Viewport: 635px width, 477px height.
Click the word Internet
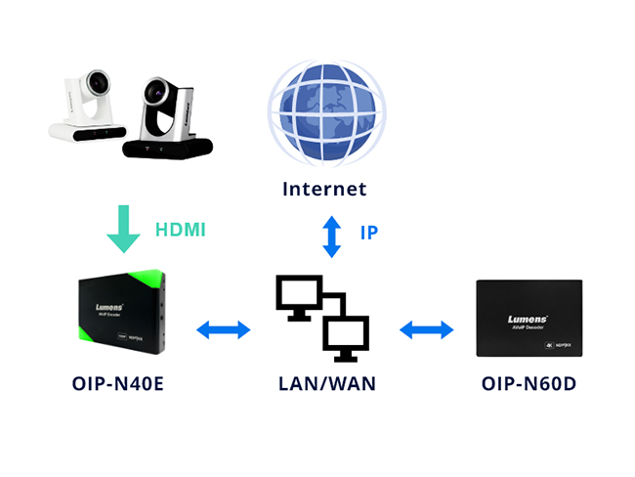324,190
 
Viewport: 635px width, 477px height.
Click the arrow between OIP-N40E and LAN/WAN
224,329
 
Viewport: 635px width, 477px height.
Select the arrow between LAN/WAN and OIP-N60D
426,329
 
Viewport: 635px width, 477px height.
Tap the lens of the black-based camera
156,94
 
